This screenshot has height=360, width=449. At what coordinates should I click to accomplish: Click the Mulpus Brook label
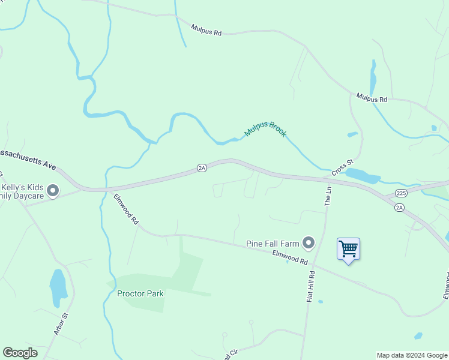pyautogui.click(x=265, y=127)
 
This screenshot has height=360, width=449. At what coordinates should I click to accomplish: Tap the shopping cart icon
pyautogui.click(x=348, y=248)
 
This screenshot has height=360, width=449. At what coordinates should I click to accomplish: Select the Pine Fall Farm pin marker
pyautogui.click(x=309, y=243)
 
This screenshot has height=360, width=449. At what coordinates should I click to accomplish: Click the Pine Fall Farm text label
pyautogui.click(x=273, y=244)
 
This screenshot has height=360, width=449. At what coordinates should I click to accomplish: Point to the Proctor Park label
pyautogui.click(x=140, y=293)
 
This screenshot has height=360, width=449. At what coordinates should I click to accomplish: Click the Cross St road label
pyautogui.click(x=343, y=167)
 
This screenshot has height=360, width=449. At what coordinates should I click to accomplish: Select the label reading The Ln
pyautogui.click(x=328, y=196)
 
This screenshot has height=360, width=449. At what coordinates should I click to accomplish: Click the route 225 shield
pyautogui.click(x=402, y=193)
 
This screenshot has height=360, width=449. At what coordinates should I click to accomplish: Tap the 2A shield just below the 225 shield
pyautogui.click(x=400, y=207)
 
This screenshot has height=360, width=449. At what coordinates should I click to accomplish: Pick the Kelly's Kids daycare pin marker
pyautogui.click(x=53, y=191)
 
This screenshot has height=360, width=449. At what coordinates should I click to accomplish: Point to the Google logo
pyautogui.click(x=20, y=352)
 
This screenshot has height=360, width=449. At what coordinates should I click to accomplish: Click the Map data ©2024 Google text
pyautogui.click(x=412, y=355)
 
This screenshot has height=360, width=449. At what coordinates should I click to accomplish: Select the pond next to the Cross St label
pyautogui.click(x=363, y=176)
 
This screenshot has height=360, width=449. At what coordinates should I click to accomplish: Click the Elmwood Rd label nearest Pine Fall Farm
pyautogui.click(x=290, y=258)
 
